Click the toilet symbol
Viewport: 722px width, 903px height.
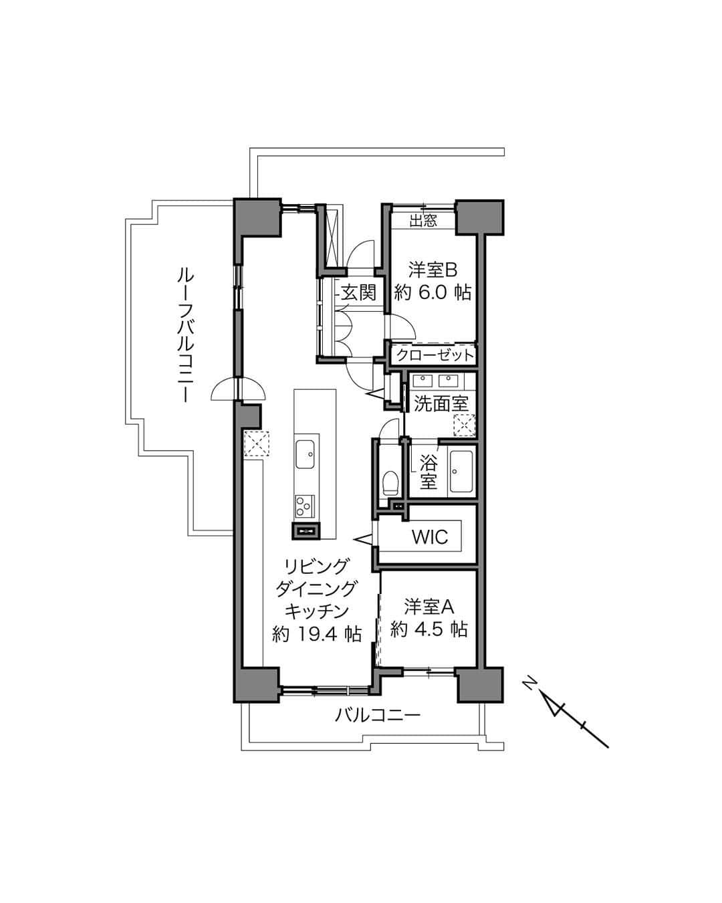390,482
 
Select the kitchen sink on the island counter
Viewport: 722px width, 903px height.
306,455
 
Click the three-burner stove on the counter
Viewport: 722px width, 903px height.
305,506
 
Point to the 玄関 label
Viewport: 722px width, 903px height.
358,292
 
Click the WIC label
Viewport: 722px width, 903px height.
430,536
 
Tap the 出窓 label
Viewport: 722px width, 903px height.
423,221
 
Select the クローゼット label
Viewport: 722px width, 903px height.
435,356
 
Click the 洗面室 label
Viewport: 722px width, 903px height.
441,403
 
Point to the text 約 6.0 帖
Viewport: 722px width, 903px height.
433,292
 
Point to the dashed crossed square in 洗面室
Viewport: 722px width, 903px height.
465,425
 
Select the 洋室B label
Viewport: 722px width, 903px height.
433,270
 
